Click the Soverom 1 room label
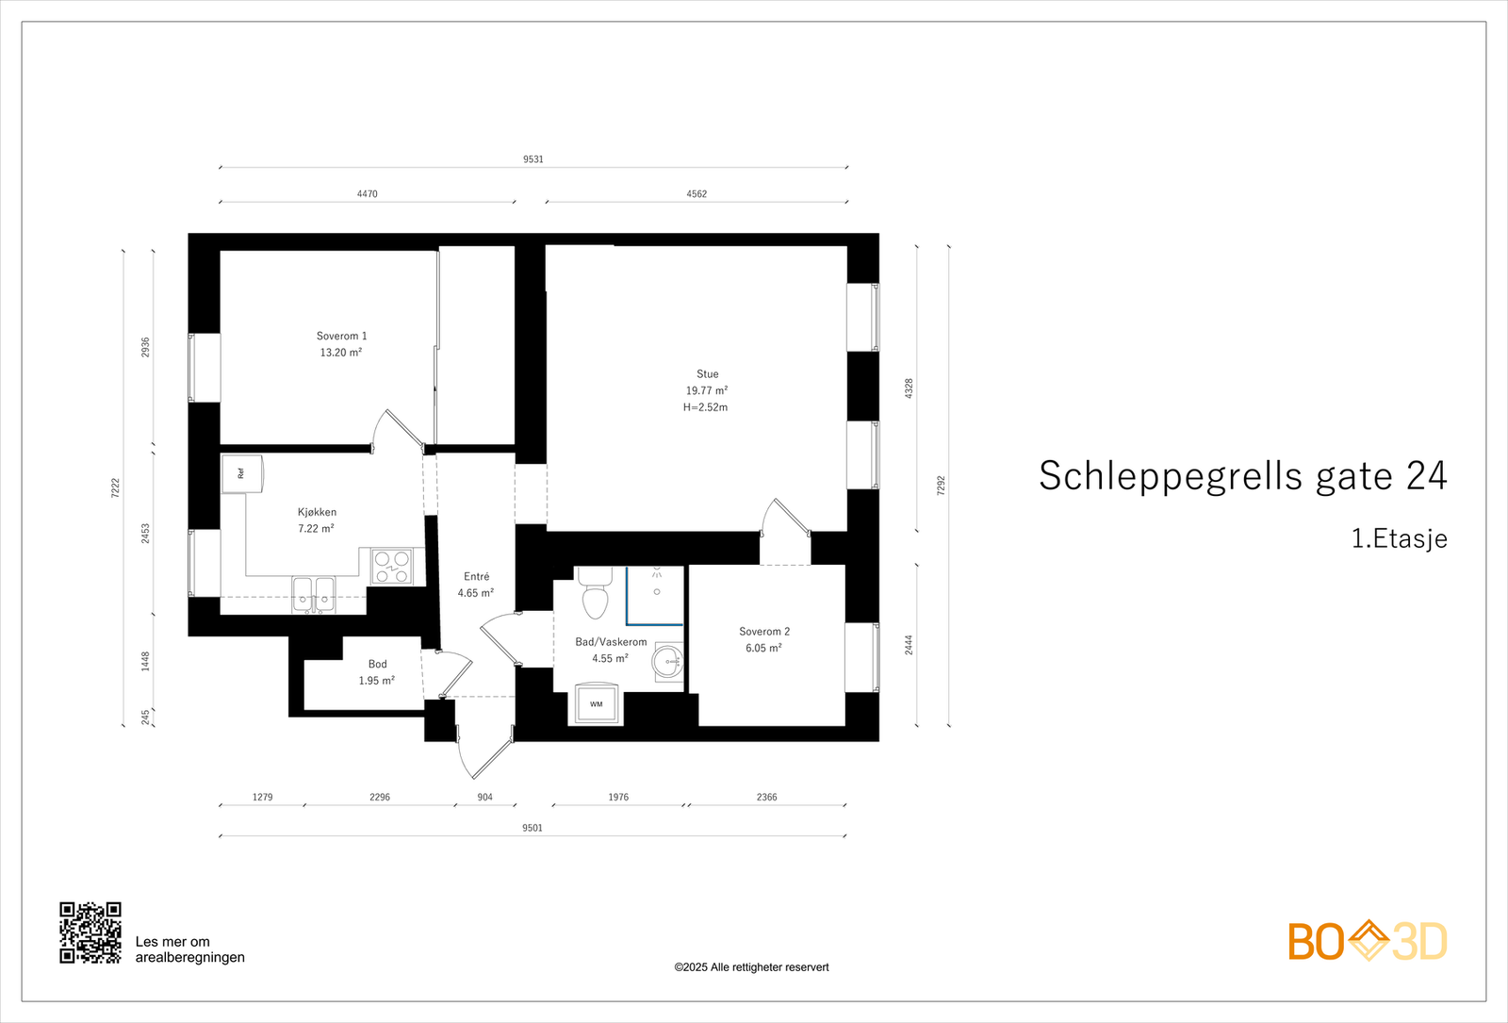pos(341,336)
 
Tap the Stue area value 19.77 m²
pos(706,390)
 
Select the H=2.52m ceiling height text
pos(705,407)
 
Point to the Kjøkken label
pos(317,512)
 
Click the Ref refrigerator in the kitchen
pos(241,473)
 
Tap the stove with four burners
pos(391,567)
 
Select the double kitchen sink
pos(314,595)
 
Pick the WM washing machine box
pos(596,704)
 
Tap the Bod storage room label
pos(377,664)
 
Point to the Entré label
pos(476,576)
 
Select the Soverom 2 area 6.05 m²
pos(763,648)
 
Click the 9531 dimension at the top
pos(533,159)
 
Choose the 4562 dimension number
pos(697,194)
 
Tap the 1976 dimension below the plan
pos(618,797)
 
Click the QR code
pos(90,932)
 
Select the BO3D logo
pos(1367,941)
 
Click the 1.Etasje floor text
pos(1399,538)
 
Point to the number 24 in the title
pos(1426,476)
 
